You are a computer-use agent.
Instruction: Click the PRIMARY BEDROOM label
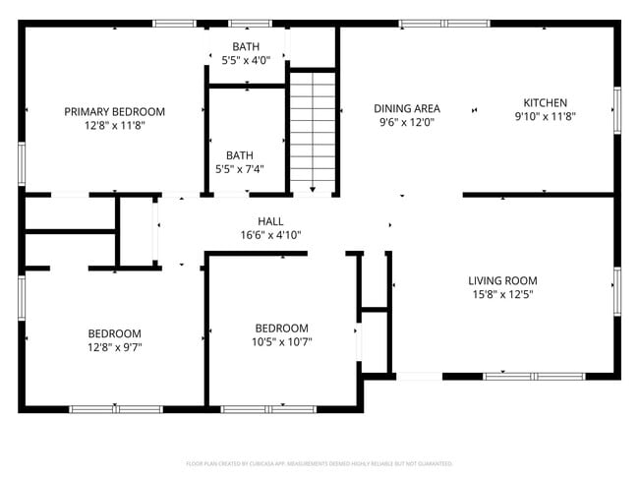coord(114,112)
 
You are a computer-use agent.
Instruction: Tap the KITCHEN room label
coord(545,102)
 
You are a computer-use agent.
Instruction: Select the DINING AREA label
coord(407,109)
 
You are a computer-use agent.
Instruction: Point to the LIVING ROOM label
coord(502,280)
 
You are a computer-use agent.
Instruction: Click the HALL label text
coord(270,221)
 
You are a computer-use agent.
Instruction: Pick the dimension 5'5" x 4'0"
coord(246,61)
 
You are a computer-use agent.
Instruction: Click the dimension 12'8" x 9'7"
coord(114,346)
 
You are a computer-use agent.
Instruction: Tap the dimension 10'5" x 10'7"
coord(281,342)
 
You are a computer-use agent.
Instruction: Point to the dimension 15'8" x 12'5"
coord(502,294)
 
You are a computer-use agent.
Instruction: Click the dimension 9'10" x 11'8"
coord(545,116)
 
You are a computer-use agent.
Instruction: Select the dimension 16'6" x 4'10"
coord(270,235)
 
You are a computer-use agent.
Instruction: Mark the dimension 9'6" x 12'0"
coord(407,123)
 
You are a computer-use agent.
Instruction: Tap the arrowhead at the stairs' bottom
coord(313,188)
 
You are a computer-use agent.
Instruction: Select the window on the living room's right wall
coord(617,293)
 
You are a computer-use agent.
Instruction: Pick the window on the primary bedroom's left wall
coord(22,162)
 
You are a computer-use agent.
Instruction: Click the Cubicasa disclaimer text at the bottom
coord(319,462)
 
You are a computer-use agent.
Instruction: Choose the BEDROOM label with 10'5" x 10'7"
coord(281,329)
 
